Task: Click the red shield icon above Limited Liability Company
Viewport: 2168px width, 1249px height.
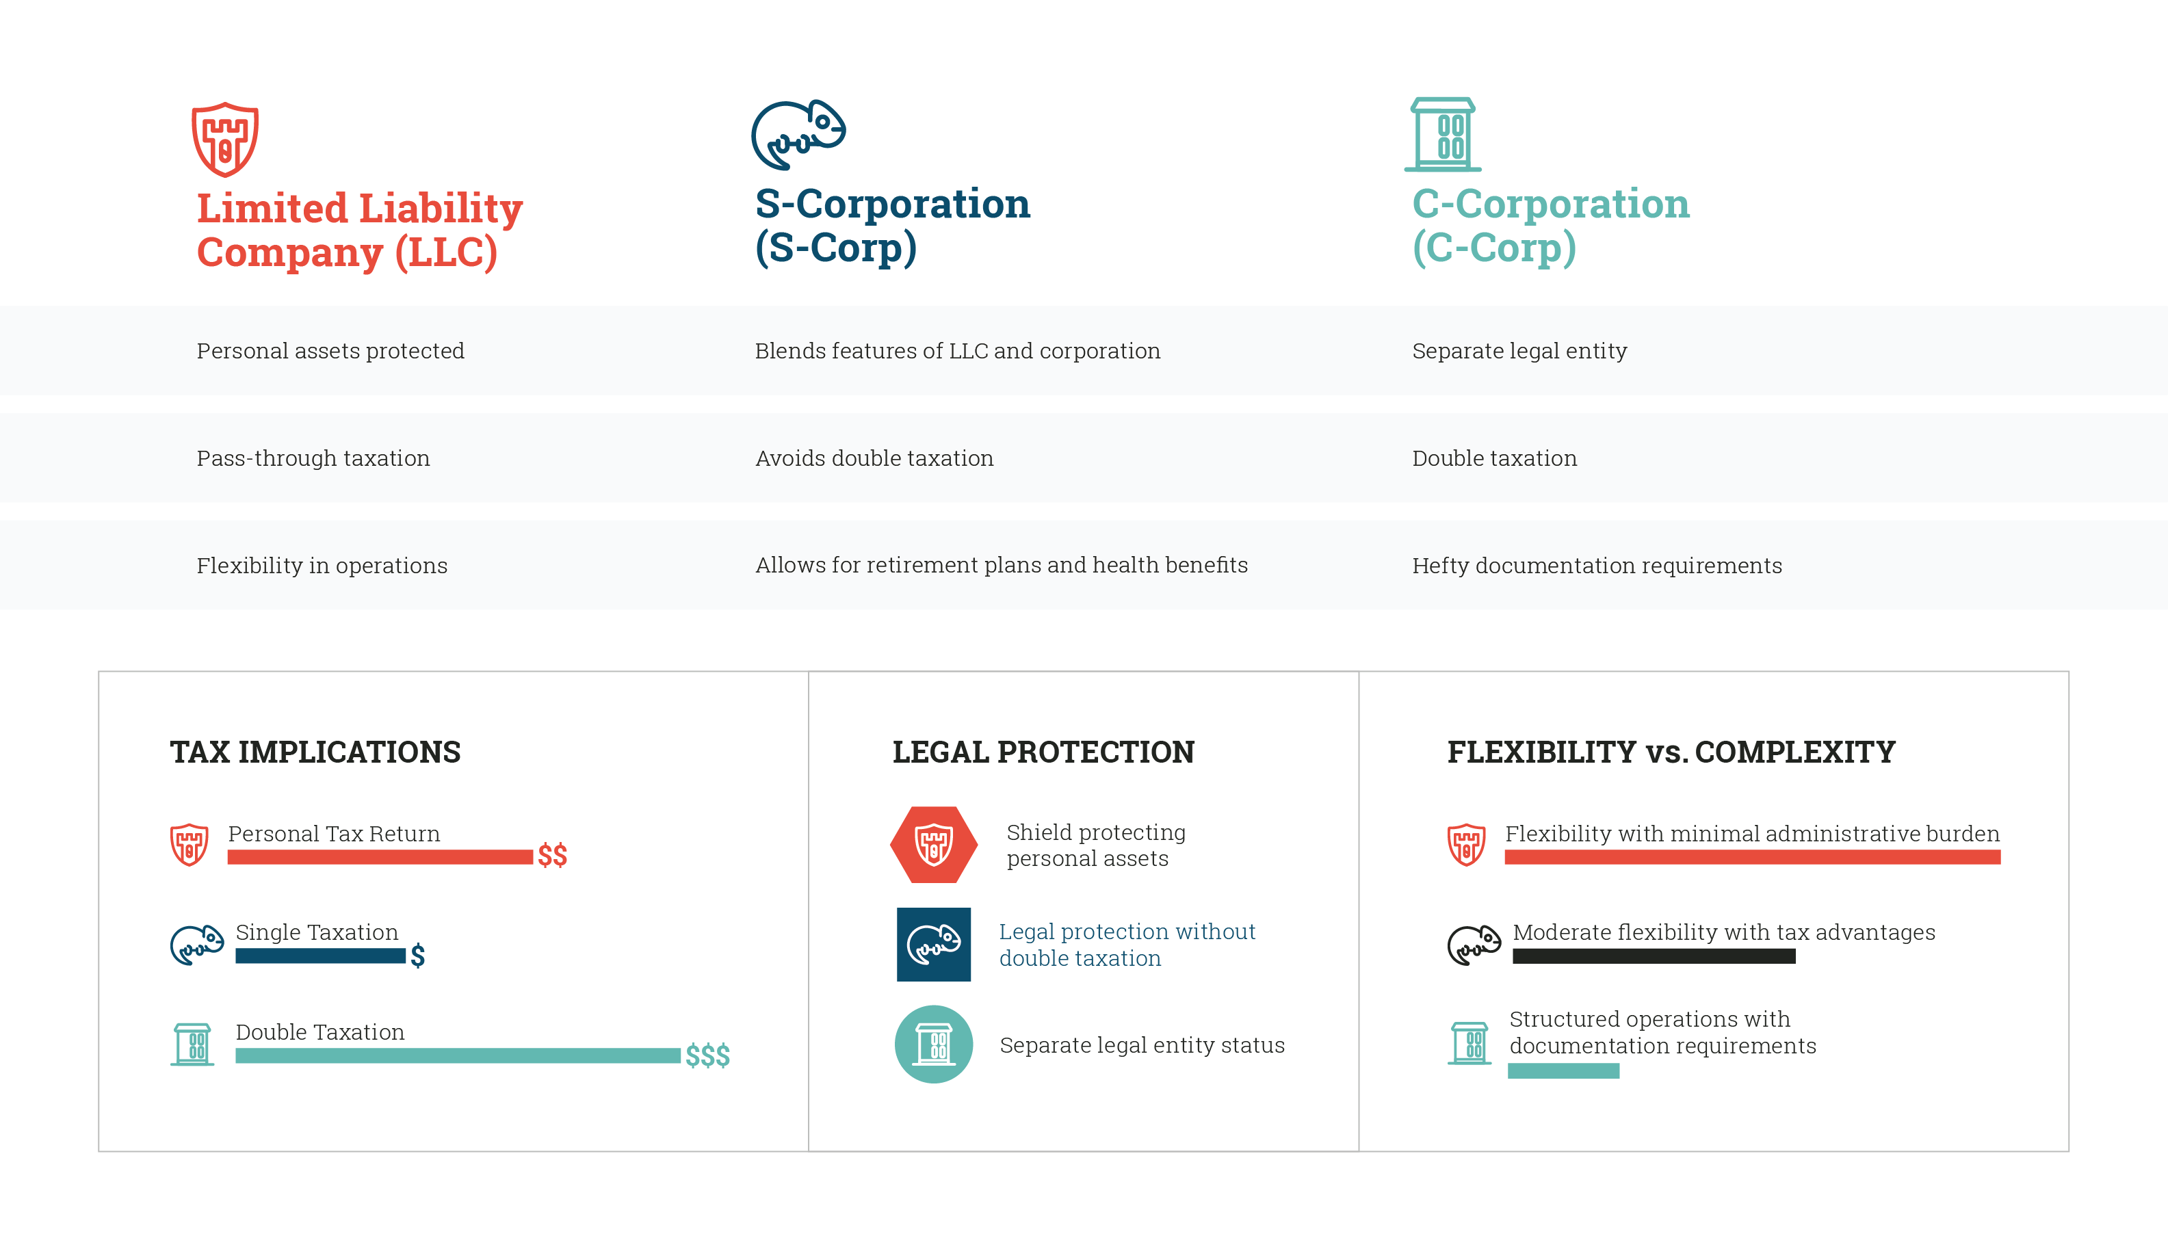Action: (x=225, y=139)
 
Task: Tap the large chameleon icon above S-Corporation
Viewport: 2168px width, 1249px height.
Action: (x=798, y=135)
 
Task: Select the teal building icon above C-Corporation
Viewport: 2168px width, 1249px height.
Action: (x=1443, y=135)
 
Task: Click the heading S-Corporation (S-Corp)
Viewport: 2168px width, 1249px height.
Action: (x=892, y=225)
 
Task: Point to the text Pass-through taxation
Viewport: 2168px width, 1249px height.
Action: (x=313, y=458)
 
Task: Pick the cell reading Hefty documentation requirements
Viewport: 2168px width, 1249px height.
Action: (x=1597, y=565)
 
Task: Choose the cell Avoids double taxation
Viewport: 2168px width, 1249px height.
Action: (x=874, y=458)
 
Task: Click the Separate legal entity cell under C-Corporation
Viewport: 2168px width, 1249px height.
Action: (x=1519, y=351)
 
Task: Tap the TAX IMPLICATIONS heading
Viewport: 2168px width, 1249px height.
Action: (x=315, y=752)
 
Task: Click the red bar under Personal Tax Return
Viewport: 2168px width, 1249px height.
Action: (x=380, y=857)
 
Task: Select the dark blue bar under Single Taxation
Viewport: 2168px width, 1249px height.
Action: (x=320, y=956)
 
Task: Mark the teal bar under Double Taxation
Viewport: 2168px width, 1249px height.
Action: (x=457, y=1055)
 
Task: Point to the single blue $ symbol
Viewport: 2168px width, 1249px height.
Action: (x=418, y=956)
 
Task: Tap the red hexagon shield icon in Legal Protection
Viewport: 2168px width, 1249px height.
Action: (x=933, y=845)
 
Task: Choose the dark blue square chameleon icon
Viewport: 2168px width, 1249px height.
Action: (x=933, y=945)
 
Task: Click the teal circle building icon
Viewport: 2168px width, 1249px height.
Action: (x=933, y=1044)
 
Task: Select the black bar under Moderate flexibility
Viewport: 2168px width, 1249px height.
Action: (x=1654, y=956)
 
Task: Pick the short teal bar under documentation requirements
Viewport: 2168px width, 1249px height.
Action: (x=1563, y=1070)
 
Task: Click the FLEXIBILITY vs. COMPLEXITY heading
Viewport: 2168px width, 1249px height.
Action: (x=1671, y=752)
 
